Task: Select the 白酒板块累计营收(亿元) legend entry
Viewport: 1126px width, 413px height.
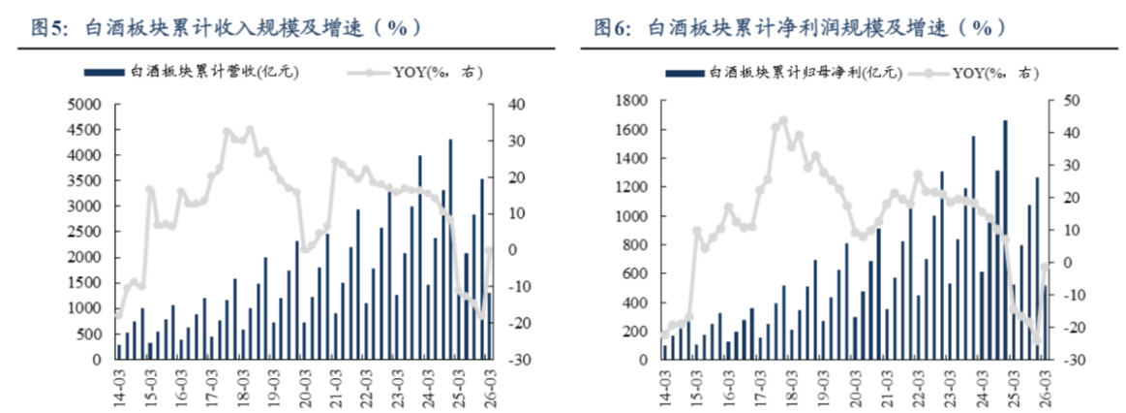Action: click(x=191, y=72)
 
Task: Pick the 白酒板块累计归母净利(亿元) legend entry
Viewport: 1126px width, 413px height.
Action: click(x=785, y=72)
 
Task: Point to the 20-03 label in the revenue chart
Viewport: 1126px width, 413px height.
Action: click(x=305, y=387)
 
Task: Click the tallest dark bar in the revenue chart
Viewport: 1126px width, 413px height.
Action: click(x=450, y=249)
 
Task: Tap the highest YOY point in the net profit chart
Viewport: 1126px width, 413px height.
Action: click(x=783, y=121)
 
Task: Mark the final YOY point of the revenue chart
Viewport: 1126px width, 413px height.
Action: click(x=490, y=250)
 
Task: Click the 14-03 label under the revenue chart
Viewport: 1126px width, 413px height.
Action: click(x=120, y=387)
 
